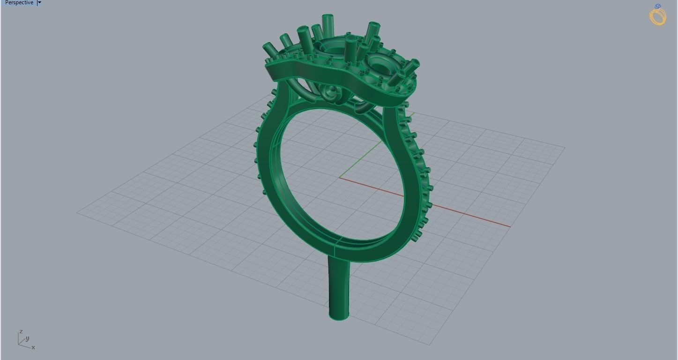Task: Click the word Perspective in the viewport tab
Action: pyautogui.click(x=19, y=3)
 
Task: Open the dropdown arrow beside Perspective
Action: pyautogui.click(x=39, y=3)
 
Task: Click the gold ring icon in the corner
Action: pyautogui.click(x=658, y=15)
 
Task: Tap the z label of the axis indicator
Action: pyautogui.click(x=21, y=332)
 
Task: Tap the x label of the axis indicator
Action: pyautogui.click(x=33, y=347)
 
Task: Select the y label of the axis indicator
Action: pyautogui.click(x=28, y=338)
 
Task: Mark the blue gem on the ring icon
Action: pyautogui.click(x=658, y=7)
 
